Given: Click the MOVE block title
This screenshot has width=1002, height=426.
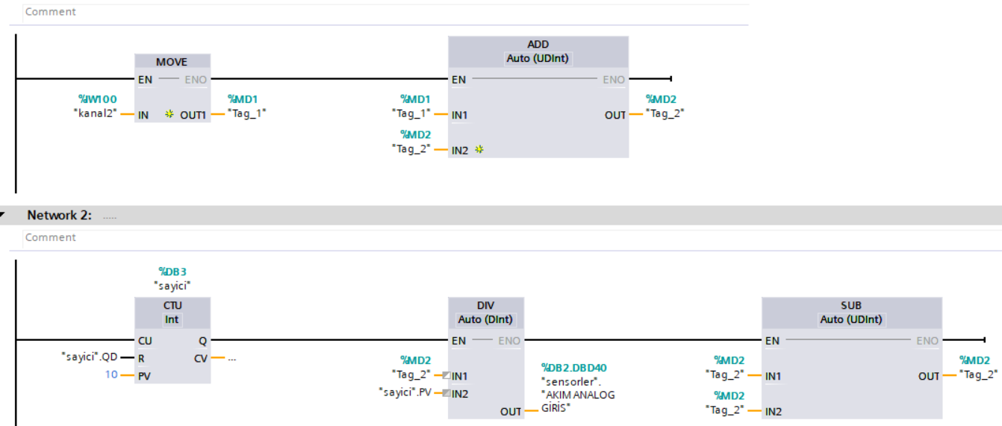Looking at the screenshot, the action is coord(171,62).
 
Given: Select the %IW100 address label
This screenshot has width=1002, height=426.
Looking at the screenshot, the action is coord(98,98).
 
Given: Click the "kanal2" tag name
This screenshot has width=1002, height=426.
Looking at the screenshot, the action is coord(96,113).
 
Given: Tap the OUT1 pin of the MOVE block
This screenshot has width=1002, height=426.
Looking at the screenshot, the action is coord(193,115).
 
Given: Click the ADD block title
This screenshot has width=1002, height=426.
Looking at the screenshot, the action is coord(538,44).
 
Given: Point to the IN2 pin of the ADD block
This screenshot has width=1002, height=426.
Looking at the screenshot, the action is coord(459,150).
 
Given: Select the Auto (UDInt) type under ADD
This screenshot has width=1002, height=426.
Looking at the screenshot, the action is coord(538,58).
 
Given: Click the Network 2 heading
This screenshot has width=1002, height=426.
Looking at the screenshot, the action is coord(59,215).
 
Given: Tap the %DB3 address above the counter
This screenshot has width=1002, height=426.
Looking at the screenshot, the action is coord(172,272).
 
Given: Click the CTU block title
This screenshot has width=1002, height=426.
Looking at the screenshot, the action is coord(172,305).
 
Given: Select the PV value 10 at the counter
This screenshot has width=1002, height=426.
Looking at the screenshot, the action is coord(111,375).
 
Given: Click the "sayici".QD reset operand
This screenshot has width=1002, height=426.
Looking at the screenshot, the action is coord(90,357).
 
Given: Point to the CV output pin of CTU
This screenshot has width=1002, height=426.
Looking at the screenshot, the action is coord(200,359).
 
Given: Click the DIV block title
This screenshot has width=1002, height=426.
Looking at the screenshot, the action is coord(485,305).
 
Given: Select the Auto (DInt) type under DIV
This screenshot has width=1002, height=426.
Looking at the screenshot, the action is coord(485,319).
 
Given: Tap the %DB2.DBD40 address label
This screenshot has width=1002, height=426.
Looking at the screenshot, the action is coord(574,368).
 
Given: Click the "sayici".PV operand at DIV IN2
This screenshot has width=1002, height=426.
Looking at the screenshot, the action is coord(405,392).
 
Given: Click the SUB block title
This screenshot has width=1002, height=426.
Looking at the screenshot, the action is coord(851,305).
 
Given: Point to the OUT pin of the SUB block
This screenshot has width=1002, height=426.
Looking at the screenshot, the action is coord(928,376).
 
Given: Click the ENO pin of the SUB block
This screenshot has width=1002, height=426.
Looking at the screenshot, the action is coord(927,341).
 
